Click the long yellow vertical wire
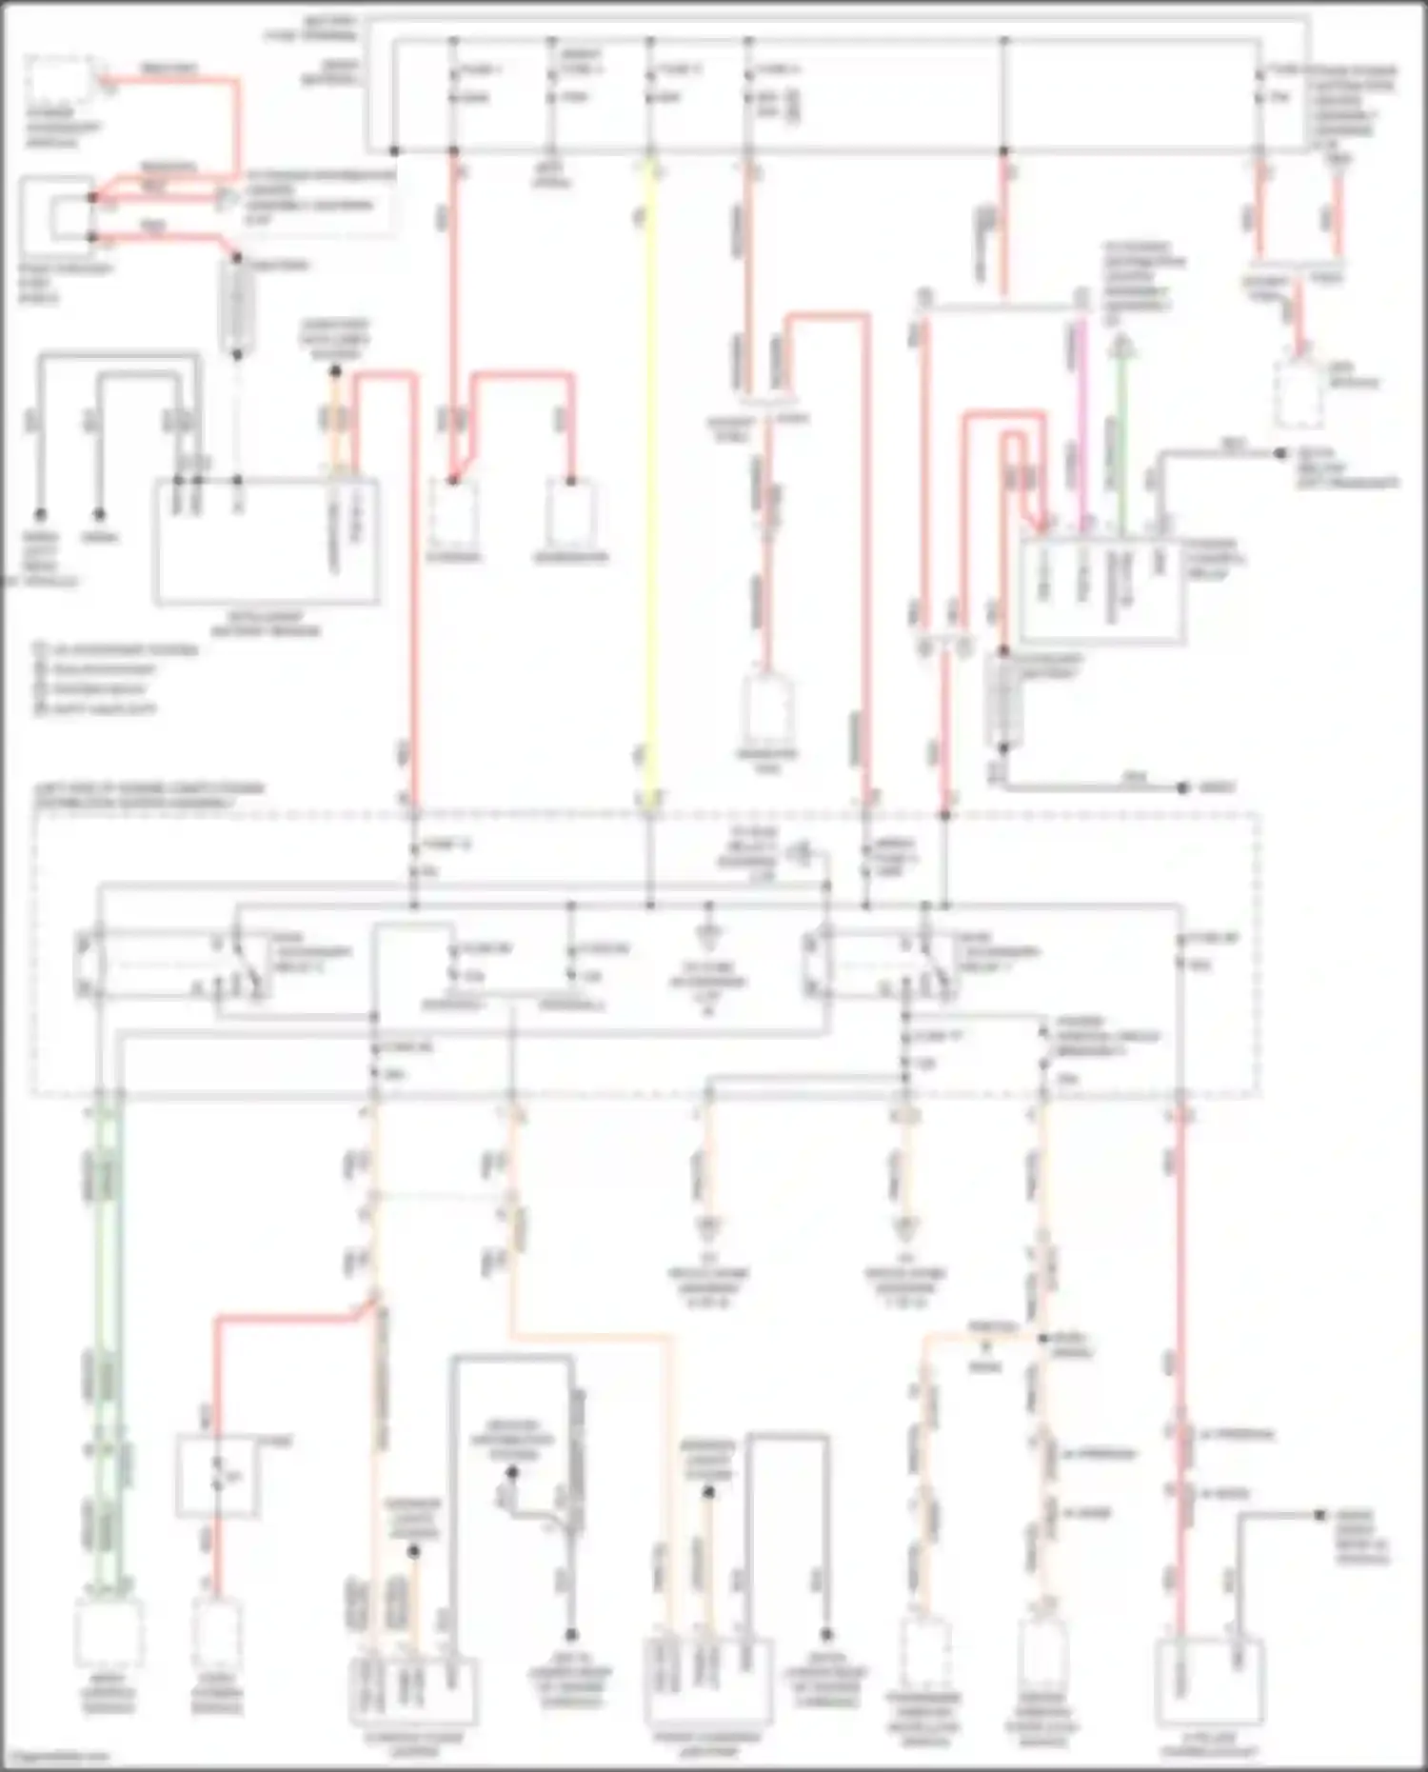(650, 476)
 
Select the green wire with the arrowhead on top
(1121, 428)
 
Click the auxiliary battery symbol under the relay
(1003, 700)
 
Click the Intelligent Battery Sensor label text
(266, 624)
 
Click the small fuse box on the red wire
(217, 1476)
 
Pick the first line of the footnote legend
(114, 650)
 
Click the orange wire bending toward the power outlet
(590, 1338)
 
